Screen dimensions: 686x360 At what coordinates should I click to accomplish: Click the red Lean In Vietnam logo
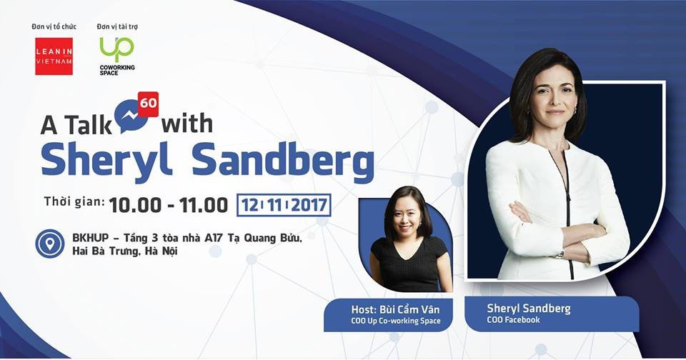pos(54,56)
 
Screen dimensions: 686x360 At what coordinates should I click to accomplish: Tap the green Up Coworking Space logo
pos(116,56)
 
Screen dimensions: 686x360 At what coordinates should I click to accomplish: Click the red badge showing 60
pos(149,104)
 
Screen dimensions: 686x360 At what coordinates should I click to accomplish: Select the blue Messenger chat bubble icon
pos(131,116)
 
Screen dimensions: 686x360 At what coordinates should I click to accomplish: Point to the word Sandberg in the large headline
pos(283,159)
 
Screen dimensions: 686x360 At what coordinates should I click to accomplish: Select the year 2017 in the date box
pos(309,205)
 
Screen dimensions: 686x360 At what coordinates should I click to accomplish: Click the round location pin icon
pos(50,244)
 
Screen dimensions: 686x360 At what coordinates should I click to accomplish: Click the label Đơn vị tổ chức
pos(54,26)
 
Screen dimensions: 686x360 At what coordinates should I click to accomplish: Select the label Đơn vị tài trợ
pos(117,26)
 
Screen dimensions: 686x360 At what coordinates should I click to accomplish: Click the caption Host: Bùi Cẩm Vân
pos(395,310)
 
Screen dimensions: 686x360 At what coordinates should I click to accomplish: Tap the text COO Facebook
pos(513,320)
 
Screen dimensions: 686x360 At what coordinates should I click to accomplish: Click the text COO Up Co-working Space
pos(395,321)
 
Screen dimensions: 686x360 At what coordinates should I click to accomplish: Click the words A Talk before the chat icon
pos(76,126)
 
